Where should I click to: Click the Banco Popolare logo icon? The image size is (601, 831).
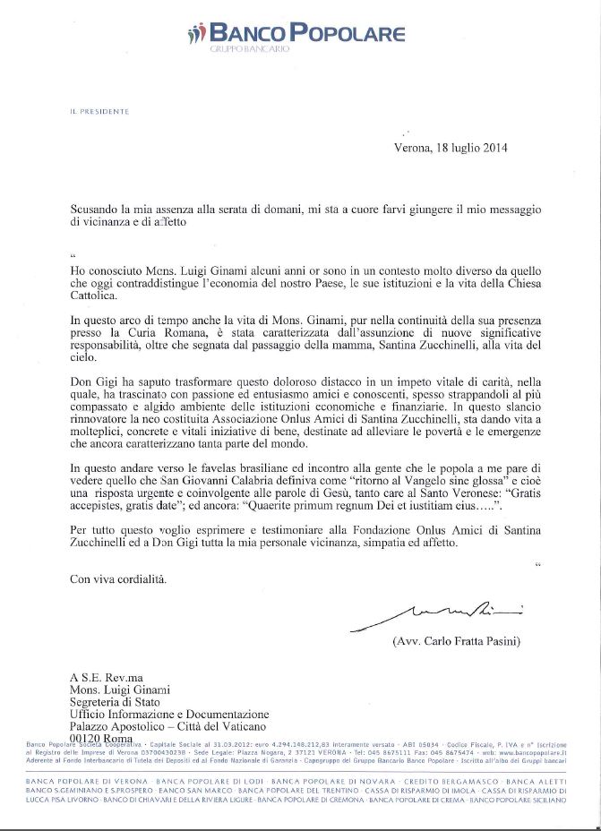tap(195, 37)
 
